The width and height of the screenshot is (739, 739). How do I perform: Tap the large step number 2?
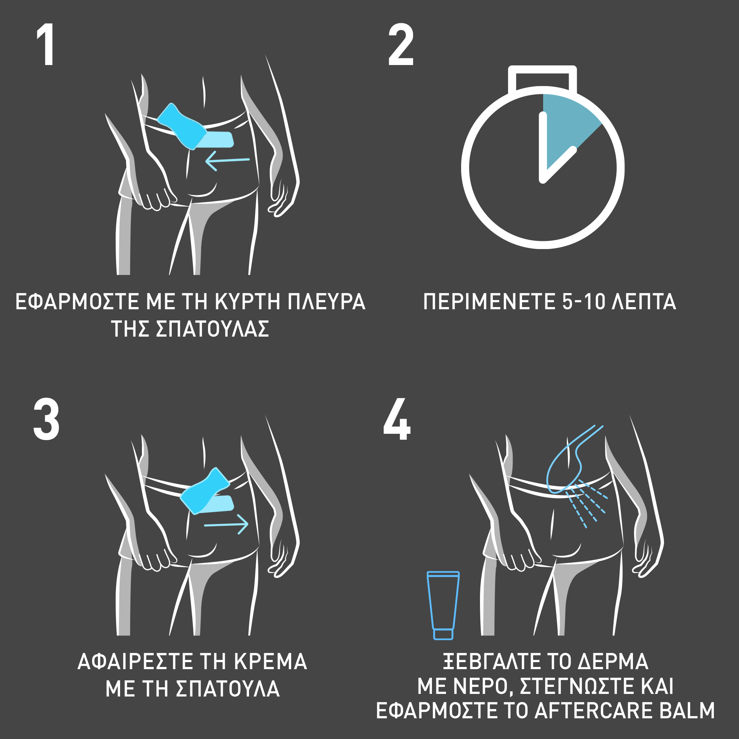(x=401, y=44)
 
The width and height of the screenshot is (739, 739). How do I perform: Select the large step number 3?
(x=46, y=420)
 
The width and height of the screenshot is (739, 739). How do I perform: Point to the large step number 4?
(x=397, y=419)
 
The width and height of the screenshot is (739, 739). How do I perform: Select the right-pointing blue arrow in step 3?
(x=226, y=524)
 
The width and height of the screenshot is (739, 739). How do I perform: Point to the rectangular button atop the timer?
(x=542, y=78)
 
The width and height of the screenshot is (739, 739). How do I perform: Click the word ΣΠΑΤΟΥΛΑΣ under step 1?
(x=213, y=328)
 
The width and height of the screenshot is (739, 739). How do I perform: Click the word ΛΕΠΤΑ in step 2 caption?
(x=644, y=302)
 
